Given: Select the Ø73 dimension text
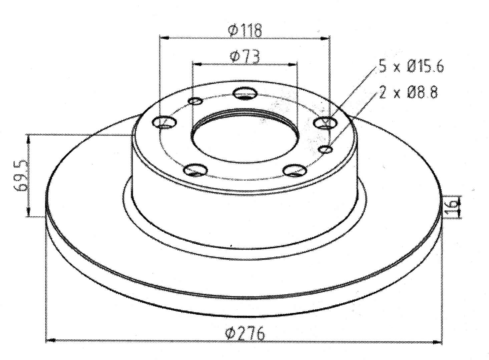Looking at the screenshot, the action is coord(245,56).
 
